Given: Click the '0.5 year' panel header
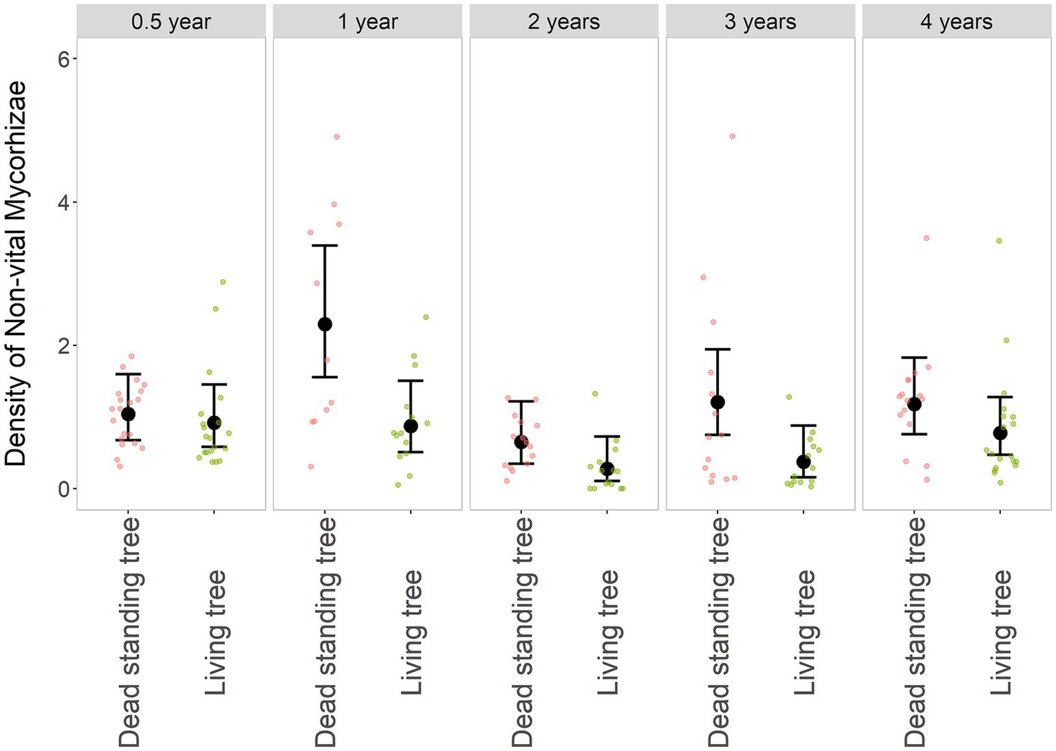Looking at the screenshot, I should click(171, 21).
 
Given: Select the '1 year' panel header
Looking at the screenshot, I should click(367, 21).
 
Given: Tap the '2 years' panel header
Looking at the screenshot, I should click(563, 21).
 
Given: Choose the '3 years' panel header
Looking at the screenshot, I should click(759, 21).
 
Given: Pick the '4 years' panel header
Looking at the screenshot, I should click(956, 21).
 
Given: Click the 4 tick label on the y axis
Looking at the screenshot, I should click(64, 202).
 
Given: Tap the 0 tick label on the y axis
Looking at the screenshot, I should click(64, 489).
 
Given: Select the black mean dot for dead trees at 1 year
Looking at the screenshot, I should click(325, 324).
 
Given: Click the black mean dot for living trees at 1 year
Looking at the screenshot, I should click(411, 426).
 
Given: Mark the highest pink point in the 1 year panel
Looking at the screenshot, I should click(336, 137).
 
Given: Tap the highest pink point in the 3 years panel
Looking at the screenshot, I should click(732, 136).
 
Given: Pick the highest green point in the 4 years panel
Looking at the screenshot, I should click(999, 241).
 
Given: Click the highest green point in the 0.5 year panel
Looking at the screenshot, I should click(222, 282).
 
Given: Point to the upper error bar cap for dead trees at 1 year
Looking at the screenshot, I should click(325, 246).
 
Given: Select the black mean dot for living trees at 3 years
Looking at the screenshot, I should click(803, 461).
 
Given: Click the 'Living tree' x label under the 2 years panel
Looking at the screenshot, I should click(607, 631).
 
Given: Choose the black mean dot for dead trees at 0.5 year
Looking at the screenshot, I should click(128, 414).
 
